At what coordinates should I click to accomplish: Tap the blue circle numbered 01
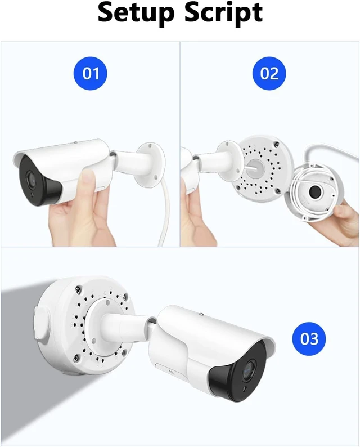91,73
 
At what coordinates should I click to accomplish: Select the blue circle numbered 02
269,73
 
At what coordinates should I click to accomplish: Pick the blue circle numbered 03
309,339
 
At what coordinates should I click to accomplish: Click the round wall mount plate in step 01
150,164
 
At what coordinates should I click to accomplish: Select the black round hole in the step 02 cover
316,192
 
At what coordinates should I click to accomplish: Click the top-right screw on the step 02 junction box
276,145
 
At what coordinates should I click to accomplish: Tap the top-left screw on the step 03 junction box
78,290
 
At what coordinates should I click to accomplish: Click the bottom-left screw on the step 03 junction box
76,356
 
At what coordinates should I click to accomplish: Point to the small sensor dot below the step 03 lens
245,389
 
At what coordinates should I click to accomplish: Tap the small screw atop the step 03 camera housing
201,314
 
